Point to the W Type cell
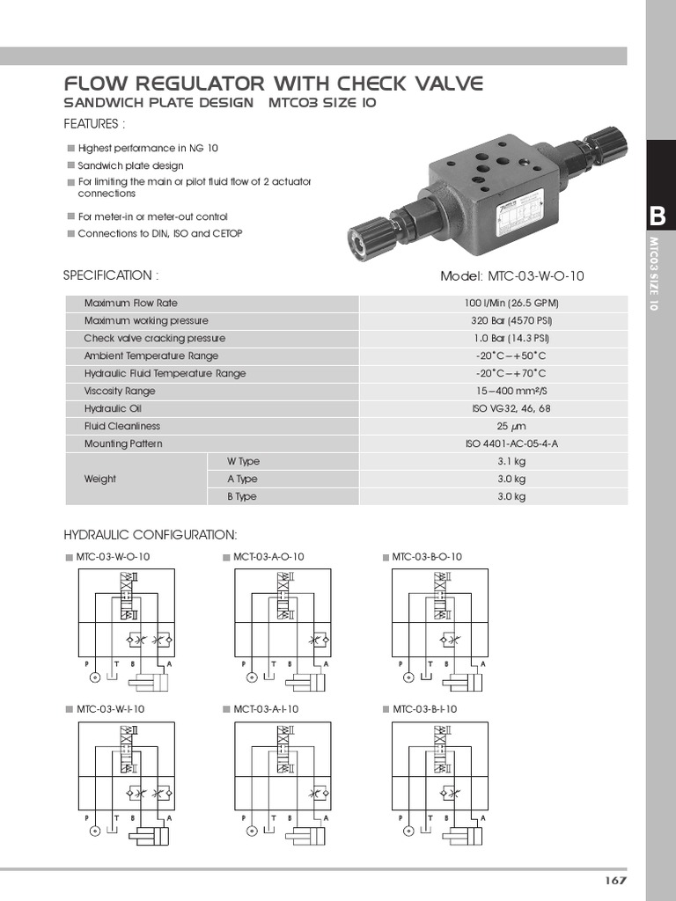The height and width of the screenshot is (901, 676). click(243, 462)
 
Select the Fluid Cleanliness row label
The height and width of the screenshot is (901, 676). click(122, 427)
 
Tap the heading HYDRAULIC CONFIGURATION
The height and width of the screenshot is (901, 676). click(150, 535)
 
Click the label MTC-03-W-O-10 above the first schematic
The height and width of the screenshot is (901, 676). click(113, 557)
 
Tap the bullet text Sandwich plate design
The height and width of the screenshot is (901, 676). click(130, 165)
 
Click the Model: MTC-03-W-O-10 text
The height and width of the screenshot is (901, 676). click(511, 276)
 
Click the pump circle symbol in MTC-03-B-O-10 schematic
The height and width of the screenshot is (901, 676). click(408, 678)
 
